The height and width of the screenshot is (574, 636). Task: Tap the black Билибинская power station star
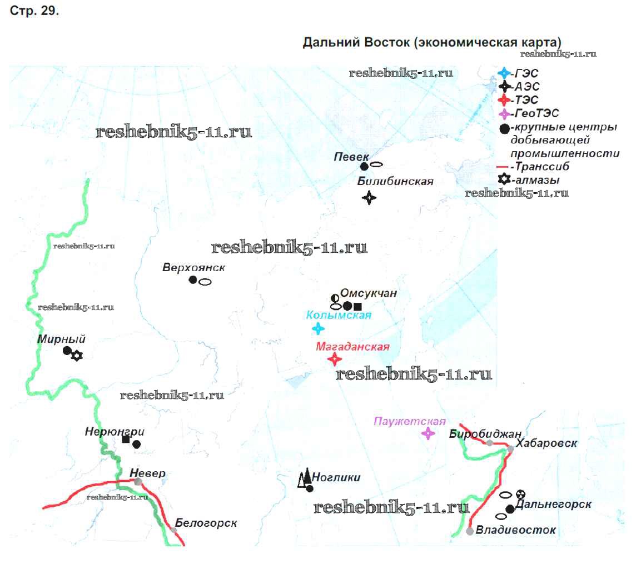[x=369, y=197]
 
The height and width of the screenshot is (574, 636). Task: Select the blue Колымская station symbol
[x=318, y=328]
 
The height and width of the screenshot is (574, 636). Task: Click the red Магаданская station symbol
[x=334, y=359]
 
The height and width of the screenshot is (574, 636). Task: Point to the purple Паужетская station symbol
[x=428, y=433]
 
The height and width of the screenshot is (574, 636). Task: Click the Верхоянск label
[x=193, y=267]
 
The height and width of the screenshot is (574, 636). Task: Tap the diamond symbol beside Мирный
[x=77, y=355]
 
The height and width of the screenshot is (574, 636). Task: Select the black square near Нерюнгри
[x=126, y=440]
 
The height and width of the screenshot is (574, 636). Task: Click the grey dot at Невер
[x=138, y=481]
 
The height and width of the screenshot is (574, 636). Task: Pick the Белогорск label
[x=206, y=523]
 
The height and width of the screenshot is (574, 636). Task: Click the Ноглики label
[x=336, y=477]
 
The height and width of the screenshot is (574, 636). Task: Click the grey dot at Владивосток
[x=470, y=531]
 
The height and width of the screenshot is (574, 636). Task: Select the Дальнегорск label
[x=553, y=505]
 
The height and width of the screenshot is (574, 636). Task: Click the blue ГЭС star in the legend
[x=504, y=73]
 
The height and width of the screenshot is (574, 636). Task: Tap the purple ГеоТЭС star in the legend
[x=504, y=114]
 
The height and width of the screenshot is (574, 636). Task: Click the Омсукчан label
[x=369, y=293]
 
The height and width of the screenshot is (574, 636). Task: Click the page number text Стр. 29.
[x=34, y=11]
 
